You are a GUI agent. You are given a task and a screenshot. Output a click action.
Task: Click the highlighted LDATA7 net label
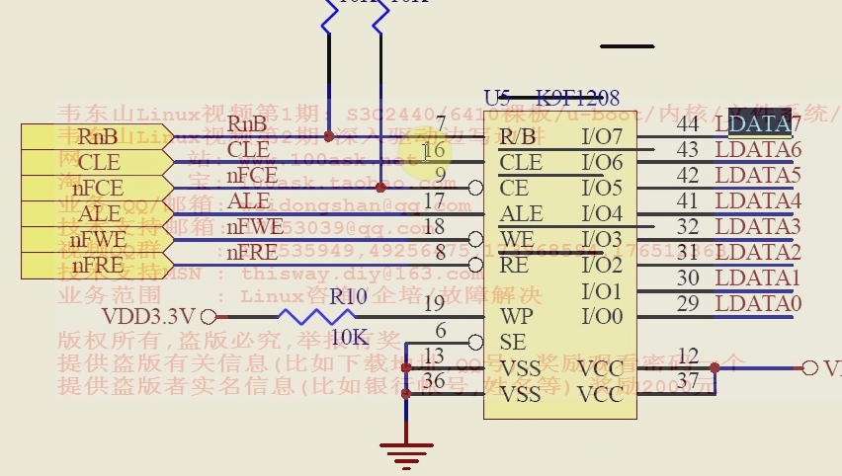759,123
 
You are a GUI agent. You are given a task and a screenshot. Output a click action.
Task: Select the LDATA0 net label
758,303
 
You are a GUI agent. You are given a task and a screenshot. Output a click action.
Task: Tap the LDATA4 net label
758,200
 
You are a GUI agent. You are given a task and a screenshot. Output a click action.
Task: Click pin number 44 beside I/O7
688,123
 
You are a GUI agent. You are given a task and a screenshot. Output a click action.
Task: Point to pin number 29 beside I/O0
688,303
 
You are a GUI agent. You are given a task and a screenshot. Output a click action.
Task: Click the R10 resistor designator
348,296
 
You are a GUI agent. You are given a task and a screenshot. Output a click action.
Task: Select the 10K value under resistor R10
350,338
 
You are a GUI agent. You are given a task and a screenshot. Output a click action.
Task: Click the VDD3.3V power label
148,316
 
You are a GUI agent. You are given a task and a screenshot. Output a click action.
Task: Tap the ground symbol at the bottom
405,454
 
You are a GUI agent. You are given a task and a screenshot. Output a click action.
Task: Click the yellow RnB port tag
97,137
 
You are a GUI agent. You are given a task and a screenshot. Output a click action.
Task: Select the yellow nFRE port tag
97,266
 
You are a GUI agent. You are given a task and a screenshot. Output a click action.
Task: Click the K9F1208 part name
577,98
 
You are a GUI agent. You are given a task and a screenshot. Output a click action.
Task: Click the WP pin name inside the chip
517,317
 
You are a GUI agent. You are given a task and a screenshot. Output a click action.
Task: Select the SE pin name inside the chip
513,343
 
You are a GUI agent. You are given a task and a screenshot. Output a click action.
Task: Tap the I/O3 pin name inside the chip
602,239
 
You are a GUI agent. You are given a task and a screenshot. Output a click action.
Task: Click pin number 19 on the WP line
434,304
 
